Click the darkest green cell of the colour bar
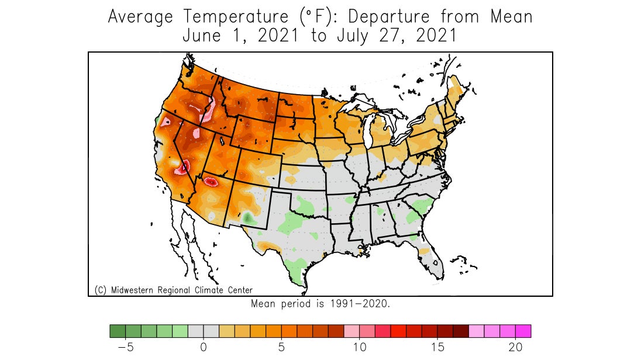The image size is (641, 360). [x=118, y=331]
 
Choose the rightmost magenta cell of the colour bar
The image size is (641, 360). [x=523, y=331]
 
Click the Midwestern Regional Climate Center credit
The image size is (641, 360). [x=174, y=290]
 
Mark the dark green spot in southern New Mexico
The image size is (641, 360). [x=247, y=217]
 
